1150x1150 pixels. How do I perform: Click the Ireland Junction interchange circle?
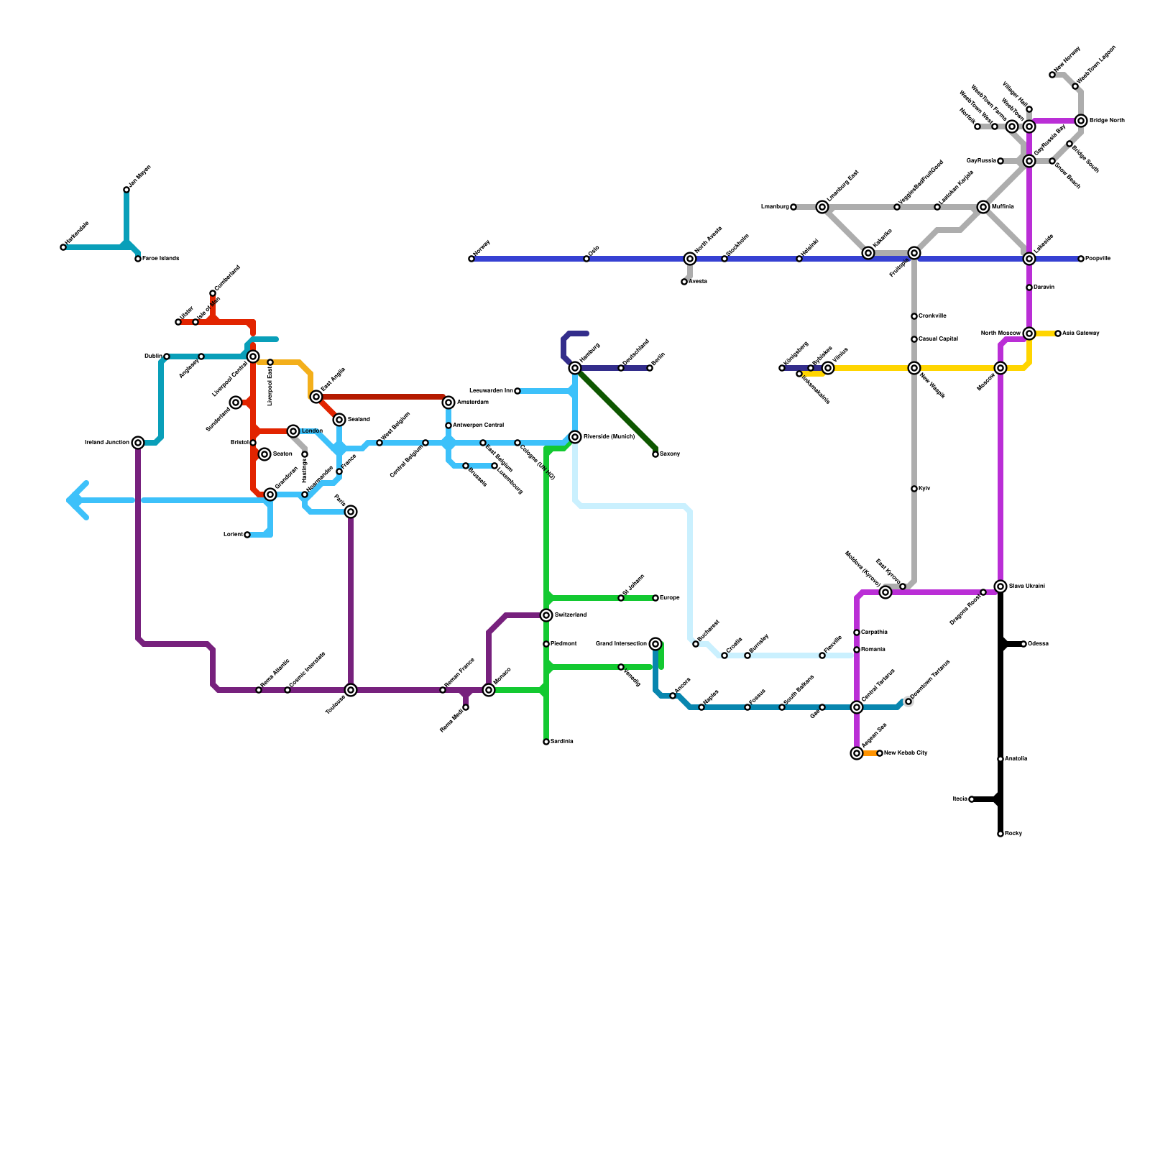coord(138,443)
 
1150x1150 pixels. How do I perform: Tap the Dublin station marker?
coord(167,356)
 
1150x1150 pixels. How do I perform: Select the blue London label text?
coord(312,431)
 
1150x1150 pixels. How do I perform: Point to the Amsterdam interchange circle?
coord(448,402)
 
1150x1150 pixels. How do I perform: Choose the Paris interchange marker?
coord(351,512)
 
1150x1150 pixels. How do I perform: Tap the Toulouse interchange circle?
coord(351,690)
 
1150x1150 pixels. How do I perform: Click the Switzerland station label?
coord(571,615)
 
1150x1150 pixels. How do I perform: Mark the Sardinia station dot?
coord(546,742)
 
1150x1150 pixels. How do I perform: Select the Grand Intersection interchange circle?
coord(655,644)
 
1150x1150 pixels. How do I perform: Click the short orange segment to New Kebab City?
coord(870,753)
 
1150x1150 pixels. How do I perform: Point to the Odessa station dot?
coord(1023,644)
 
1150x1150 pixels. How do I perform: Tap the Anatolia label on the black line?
coord(1016,759)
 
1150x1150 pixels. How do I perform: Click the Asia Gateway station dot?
coord(1058,333)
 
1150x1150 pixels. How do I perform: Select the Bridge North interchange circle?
coord(1081,121)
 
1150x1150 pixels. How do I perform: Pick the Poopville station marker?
coord(1081,259)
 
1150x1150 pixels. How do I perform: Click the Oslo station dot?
coord(586,259)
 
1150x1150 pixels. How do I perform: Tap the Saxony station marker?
coord(655,454)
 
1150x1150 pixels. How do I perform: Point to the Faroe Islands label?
coord(160,259)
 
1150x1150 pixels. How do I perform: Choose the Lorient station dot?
coord(247,535)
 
